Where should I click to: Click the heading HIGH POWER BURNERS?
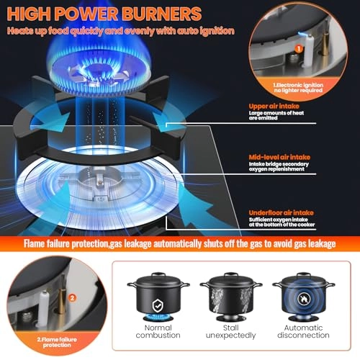tap(102, 14)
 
